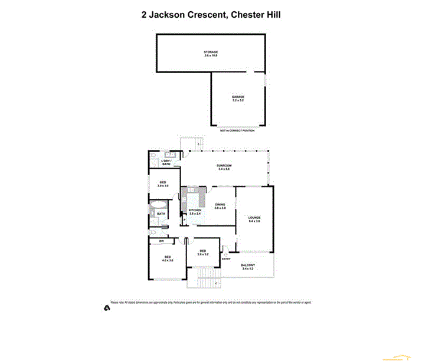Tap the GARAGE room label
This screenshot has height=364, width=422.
tap(238, 99)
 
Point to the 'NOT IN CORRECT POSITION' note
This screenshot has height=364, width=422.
tap(237, 130)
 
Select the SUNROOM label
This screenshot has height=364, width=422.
tap(224, 167)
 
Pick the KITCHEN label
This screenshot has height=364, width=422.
tap(195, 211)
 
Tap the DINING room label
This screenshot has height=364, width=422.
tap(220, 206)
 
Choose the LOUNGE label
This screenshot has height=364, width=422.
tap(254, 219)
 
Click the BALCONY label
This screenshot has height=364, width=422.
tap(248, 267)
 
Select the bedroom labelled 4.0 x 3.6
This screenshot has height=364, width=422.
tap(168, 258)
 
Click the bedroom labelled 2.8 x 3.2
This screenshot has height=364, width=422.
tap(202, 253)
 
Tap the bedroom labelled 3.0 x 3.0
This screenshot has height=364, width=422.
tap(163, 184)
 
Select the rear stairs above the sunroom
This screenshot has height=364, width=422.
tap(192, 143)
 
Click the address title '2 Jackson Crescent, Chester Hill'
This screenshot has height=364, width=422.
tap(211, 14)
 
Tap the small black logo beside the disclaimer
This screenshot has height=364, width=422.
tap(106, 307)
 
